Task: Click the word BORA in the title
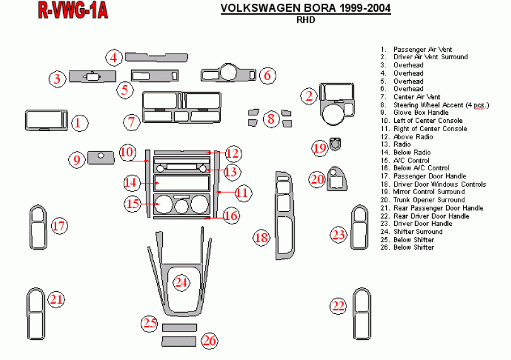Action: (x=306, y=8)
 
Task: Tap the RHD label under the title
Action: (x=305, y=20)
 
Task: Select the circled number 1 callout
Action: (x=78, y=122)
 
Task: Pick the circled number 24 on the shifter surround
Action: (x=182, y=282)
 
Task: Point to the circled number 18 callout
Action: (x=262, y=237)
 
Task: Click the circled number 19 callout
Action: (x=320, y=148)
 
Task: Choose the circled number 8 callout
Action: (x=271, y=118)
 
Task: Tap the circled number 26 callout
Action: (x=209, y=341)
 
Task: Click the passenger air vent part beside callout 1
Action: (x=47, y=121)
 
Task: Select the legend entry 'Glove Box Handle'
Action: (x=420, y=112)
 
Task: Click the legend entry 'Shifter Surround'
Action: (x=418, y=231)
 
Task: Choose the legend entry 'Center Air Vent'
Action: (x=416, y=96)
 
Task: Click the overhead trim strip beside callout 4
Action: (x=156, y=57)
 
